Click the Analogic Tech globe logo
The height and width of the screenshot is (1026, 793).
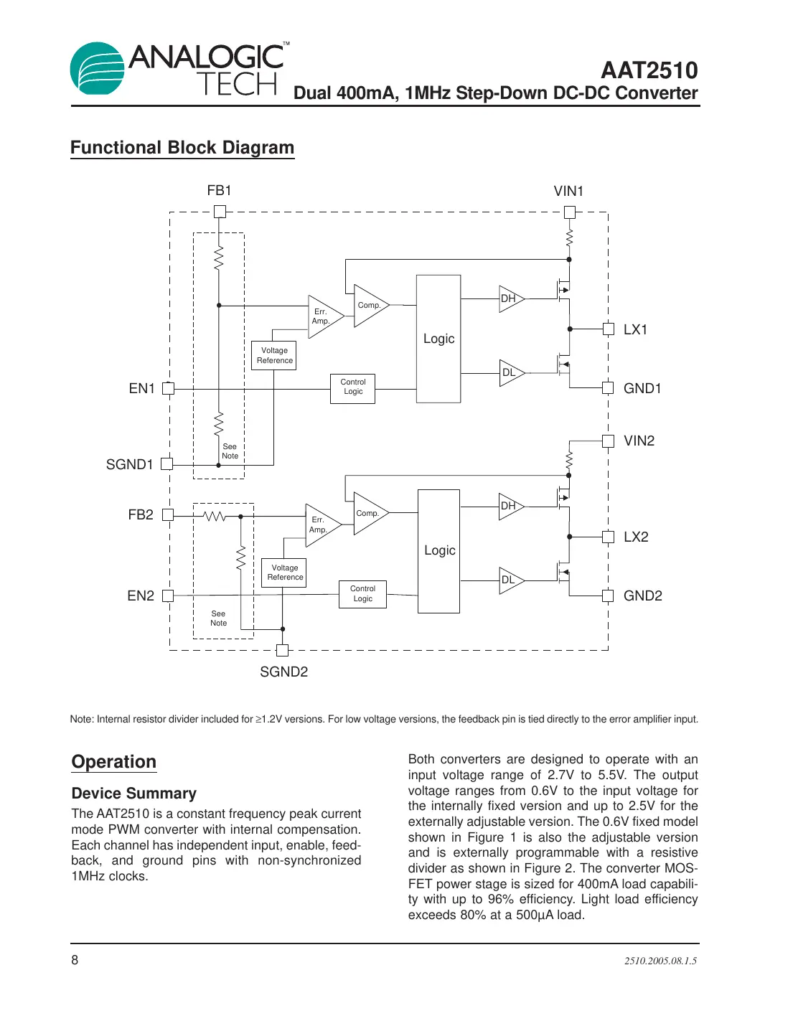click(98, 69)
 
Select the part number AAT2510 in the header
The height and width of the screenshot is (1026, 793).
click(649, 70)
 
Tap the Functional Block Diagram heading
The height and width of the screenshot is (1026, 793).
click(182, 148)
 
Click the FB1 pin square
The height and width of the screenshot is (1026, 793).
click(220, 212)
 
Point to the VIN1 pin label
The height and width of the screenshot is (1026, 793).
click(568, 192)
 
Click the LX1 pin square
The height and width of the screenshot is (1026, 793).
click(608, 329)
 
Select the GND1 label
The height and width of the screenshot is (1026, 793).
click(642, 389)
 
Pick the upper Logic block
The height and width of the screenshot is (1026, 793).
click(438, 339)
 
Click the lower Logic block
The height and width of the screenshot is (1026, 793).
click(438, 551)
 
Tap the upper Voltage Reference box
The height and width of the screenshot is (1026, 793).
click(274, 356)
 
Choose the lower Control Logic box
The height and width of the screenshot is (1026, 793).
click(362, 594)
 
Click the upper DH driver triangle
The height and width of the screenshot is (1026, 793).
click(510, 298)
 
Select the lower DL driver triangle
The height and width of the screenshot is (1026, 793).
click(510, 580)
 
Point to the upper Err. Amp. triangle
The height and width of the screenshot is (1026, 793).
click(323, 316)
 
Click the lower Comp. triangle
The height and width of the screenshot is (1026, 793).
click(369, 514)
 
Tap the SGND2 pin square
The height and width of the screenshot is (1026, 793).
click(282, 651)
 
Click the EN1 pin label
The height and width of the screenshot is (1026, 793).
click(141, 389)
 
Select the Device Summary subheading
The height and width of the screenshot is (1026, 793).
click(134, 794)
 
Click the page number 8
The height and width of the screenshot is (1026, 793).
click(75, 960)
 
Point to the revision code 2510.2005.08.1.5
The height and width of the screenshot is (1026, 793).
click(660, 961)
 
